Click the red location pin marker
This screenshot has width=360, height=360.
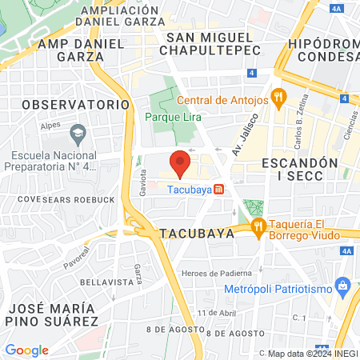point(180,162)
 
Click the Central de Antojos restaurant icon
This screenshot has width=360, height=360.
point(278,99)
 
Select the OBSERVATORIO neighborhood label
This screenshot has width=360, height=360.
point(75,104)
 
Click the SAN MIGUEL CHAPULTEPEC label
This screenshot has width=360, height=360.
point(210,43)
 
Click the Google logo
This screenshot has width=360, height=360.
point(26,350)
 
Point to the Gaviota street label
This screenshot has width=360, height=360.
point(143,181)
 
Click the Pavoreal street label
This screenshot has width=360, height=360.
point(77,258)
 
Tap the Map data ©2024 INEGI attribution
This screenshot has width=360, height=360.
point(311,354)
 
